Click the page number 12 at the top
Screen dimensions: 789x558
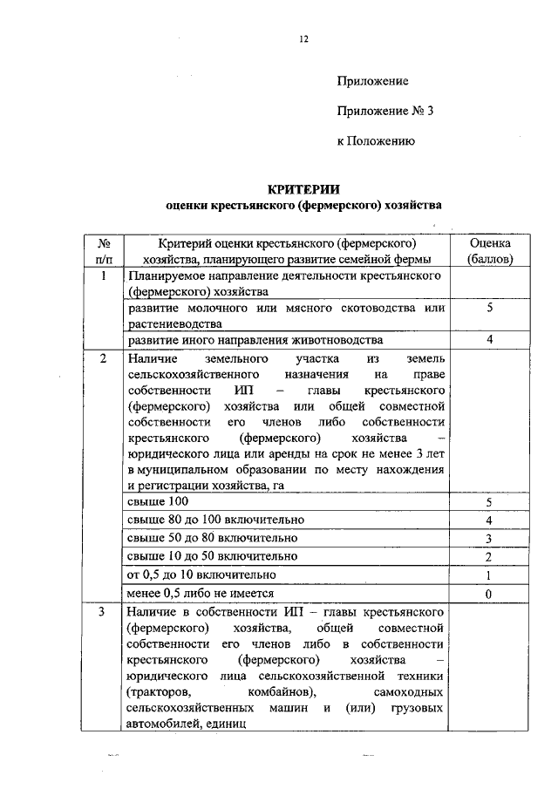(x=303, y=38)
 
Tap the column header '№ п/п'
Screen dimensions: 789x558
(x=103, y=250)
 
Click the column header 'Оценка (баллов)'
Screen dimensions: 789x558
(x=490, y=250)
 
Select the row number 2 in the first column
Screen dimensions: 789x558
(x=103, y=358)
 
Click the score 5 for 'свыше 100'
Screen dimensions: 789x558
(x=489, y=503)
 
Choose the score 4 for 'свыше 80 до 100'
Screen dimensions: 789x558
(x=489, y=520)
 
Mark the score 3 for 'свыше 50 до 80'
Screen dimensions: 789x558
(x=489, y=539)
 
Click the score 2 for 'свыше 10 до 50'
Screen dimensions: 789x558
(x=489, y=557)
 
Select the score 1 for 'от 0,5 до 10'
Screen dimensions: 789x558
(x=489, y=575)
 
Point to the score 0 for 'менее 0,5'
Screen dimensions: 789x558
(x=489, y=594)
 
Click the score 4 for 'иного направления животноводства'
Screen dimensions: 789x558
(x=489, y=340)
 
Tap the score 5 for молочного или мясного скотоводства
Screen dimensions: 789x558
(x=489, y=309)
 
